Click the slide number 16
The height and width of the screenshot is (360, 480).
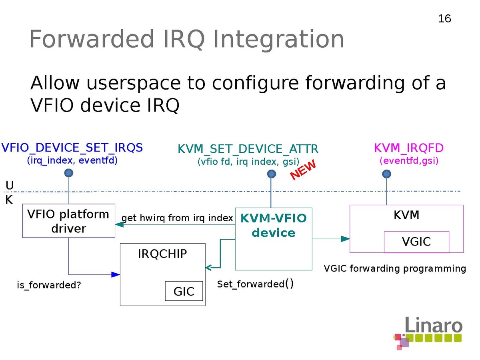444,19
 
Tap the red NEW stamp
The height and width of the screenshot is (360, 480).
303,170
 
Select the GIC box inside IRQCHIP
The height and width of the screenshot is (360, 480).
184,291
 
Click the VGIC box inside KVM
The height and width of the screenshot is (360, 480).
416,242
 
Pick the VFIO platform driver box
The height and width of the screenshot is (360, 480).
68,221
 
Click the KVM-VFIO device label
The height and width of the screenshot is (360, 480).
274,225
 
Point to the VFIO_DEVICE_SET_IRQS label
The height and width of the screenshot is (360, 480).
72,148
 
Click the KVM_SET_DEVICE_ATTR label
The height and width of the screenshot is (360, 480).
248,149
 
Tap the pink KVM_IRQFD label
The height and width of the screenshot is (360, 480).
409,148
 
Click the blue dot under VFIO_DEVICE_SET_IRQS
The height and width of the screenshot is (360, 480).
69,173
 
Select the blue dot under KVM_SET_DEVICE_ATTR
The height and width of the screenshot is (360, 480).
272,174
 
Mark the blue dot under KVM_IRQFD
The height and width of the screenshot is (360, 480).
386,174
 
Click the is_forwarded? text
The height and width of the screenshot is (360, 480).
48,286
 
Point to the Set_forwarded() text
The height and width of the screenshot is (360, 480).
255,284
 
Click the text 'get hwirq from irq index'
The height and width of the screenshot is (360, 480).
177,218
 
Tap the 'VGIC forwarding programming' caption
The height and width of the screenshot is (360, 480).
395,268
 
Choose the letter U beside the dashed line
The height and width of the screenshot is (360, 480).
10,185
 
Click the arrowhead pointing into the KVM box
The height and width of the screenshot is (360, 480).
346,239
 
